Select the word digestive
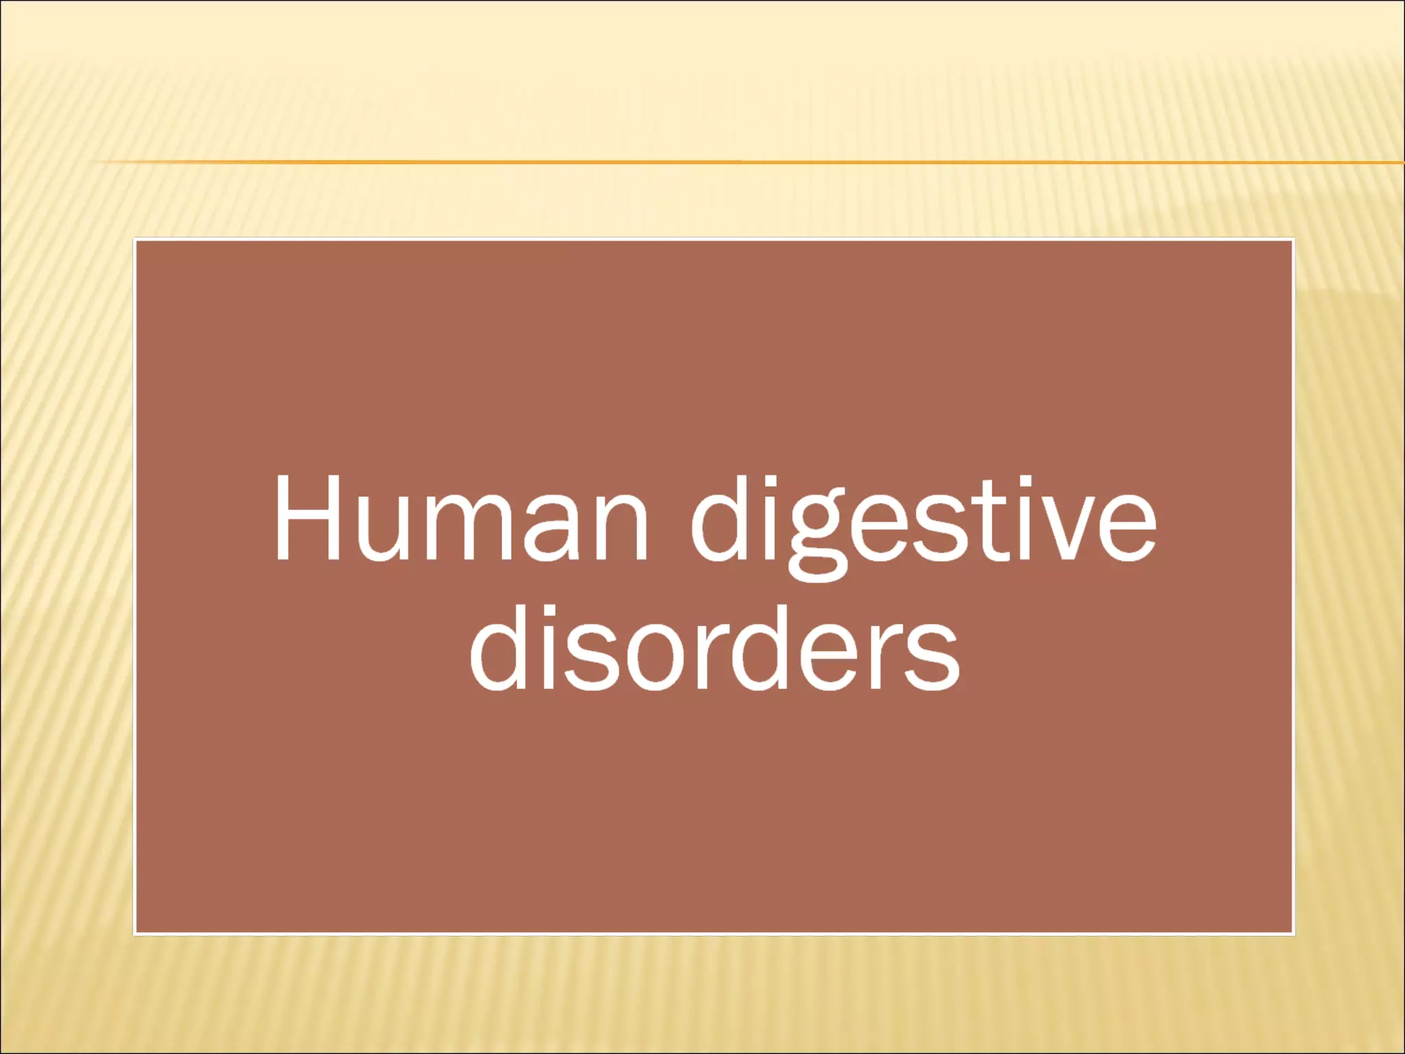coord(923,526)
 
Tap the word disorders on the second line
coord(714,648)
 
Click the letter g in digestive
coord(815,542)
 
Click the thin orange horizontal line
coord(686,162)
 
